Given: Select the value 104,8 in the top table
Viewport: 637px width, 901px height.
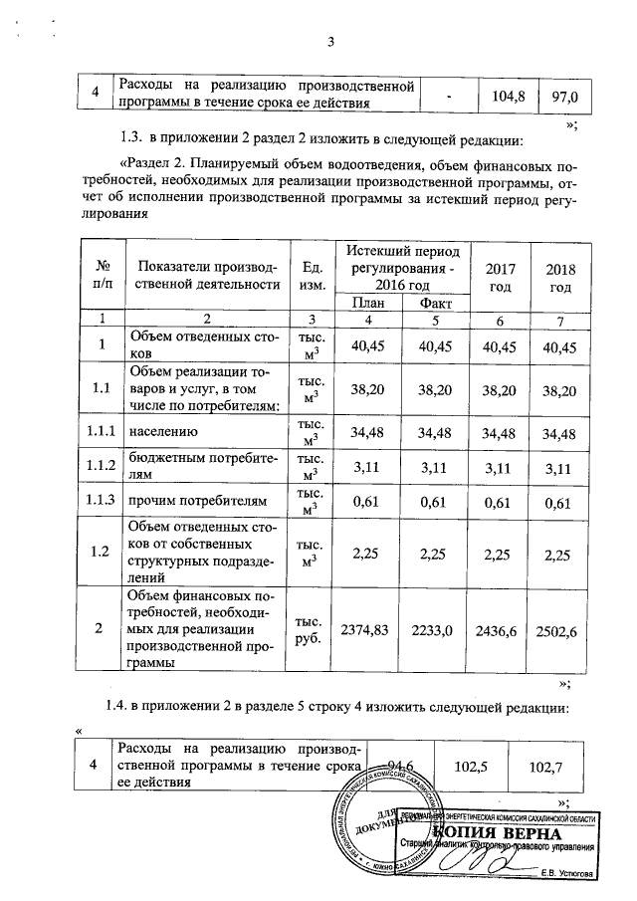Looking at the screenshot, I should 508,95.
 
